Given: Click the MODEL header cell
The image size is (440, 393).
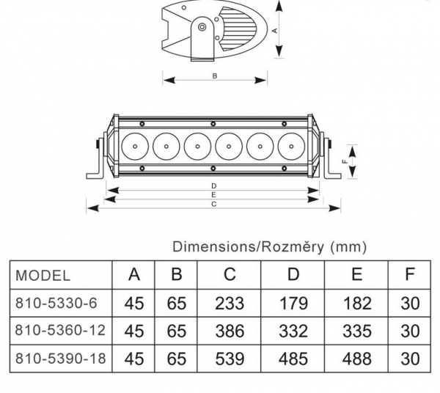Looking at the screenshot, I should pyautogui.click(x=43, y=276).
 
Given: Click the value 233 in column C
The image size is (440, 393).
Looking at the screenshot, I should pyautogui.click(x=230, y=304).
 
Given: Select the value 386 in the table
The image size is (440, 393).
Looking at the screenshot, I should pyautogui.click(x=230, y=331).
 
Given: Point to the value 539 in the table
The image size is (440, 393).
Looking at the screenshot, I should pyautogui.click(x=230, y=359).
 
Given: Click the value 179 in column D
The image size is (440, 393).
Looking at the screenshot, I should pyautogui.click(x=293, y=304).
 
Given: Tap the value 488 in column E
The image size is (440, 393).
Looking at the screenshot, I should pyautogui.click(x=357, y=359).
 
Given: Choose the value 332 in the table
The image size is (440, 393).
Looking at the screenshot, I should pyautogui.click(x=293, y=331).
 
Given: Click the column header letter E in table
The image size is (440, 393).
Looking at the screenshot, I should pyautogui.click(x=357, y=275).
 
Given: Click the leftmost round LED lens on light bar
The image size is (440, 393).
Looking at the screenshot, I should pyautogui.click(x=136, y=147).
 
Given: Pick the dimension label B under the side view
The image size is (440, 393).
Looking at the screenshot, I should pyautogui.click(x=214, y=75).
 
